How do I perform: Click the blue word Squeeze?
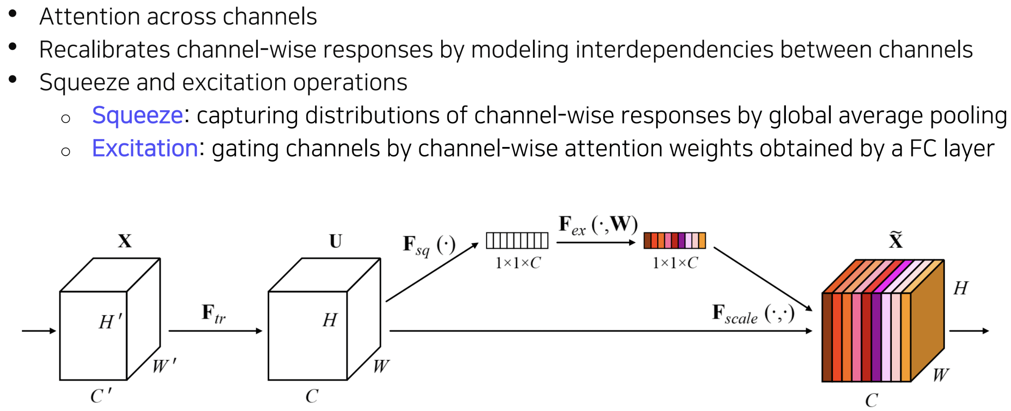tap(138, 116)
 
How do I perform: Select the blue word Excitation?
tap(145, 148)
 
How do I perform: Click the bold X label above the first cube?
tap(125, 241)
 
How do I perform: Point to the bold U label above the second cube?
tap(335, 241)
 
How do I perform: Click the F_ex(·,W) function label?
tap(598, 225)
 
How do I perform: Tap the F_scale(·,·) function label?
tap(753, 314)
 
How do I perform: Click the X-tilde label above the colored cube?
tap(895, 239)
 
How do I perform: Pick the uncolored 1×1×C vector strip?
tap(517, 241)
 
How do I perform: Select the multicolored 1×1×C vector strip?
tap(674, 240)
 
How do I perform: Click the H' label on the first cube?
tap(110, 321)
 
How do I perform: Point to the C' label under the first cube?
tap(101, 395)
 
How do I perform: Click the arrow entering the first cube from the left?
tap(39, 331)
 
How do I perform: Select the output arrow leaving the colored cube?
tap(969, 331)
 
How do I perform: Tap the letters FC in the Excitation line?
tap(923, 148)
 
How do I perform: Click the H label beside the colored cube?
tap(960, 288)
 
